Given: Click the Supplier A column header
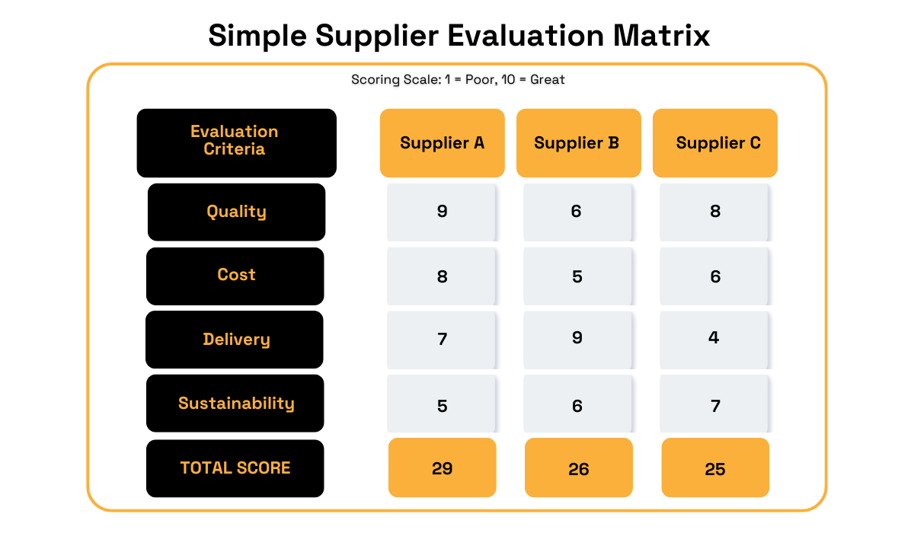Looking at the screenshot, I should click(442, 143).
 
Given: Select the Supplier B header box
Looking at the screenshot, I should click(577, 143).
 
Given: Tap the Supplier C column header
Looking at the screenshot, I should click(715, 143).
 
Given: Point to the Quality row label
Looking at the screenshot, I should click(236, 212).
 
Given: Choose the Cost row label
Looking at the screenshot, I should click(235, 276).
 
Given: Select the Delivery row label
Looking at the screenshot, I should click(235, 340).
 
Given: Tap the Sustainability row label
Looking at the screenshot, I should click(235, 404).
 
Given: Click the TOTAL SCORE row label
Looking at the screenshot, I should click(235, 468).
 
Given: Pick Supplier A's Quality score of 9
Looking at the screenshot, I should click(443, 212).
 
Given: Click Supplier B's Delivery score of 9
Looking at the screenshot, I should click(577, 337).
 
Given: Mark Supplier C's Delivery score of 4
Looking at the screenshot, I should click(714, 337).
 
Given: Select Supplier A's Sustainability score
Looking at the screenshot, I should click(443, 406).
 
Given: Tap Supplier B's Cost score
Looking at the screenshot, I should click(577, 276).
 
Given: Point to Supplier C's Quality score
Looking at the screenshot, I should click(715, 212).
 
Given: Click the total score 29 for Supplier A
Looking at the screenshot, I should click(443, 468).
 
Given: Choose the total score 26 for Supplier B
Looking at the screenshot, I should click(579, 468).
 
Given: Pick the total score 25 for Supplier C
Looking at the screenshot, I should click(715, 468).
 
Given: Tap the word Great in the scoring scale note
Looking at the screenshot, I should click(548, 79).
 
